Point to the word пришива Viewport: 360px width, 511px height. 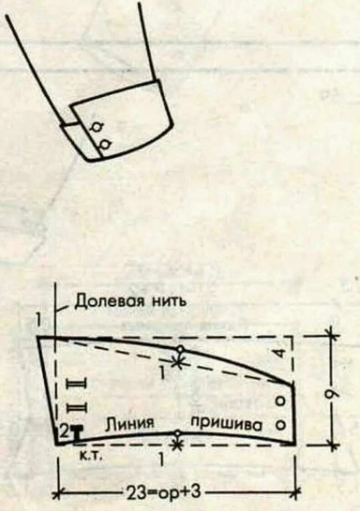(x=226, y=424)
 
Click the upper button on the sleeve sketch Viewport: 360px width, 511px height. (x=97, y=127)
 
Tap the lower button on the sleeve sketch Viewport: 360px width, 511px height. (x=105, y=145)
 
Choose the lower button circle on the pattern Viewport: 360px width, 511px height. (x=281, y=424)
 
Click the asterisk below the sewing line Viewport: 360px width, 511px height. (x=178, y=444)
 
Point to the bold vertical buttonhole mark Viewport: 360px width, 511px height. (x=77, y=434)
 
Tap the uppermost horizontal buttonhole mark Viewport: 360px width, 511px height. (x=77, y=383)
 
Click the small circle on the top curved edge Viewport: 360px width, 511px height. (x=180, y=349)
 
